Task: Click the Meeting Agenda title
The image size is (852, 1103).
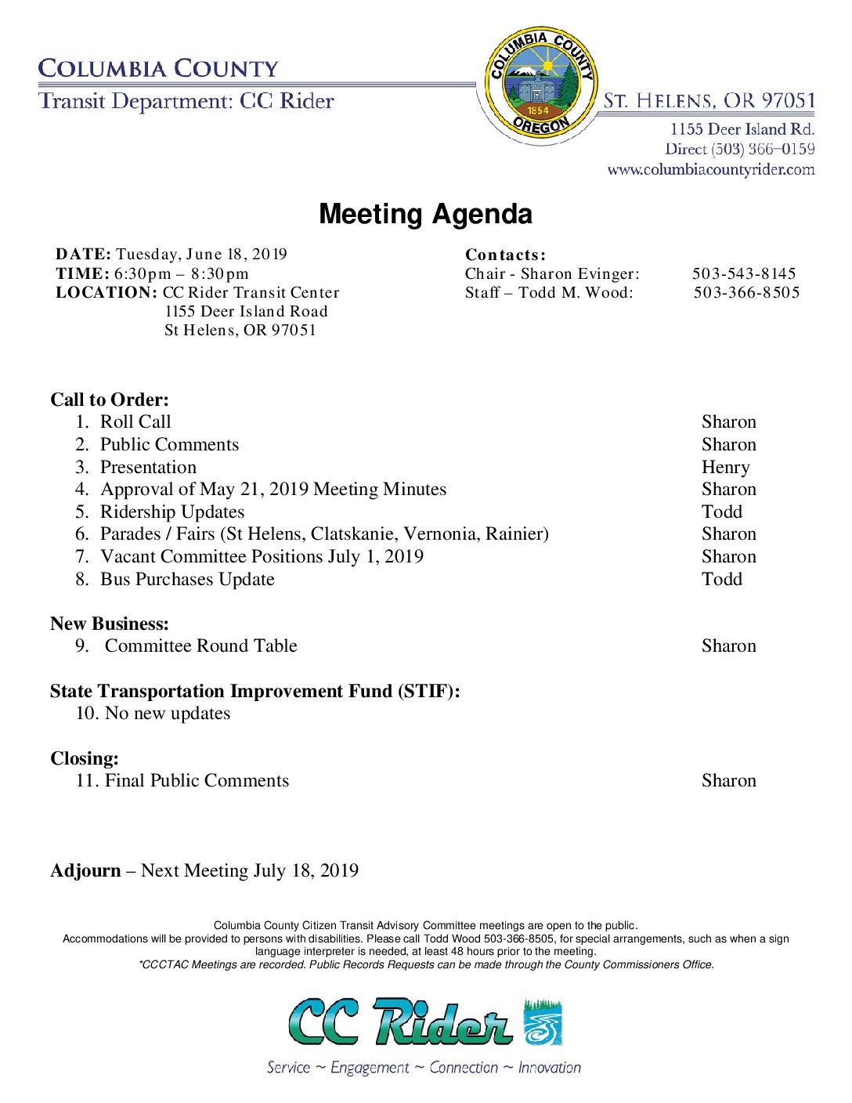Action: click(425, 214)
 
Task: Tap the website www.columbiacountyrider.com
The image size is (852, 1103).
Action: click(710, 169)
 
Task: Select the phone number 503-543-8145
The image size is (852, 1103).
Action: click(743, 273)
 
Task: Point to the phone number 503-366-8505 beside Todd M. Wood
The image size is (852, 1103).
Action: click(746, 292)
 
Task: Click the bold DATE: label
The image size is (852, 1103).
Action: click(83, 254)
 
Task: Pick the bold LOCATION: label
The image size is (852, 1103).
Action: click(106, 292)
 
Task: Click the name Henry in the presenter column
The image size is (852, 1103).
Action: click(725, 467)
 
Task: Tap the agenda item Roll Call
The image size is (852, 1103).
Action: click(135, 421)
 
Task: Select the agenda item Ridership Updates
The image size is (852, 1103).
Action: click(172, 512)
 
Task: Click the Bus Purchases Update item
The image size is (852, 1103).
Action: click(187, 579)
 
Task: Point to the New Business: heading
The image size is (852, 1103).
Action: click(110, 624)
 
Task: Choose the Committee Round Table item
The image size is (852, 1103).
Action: click(200, 646)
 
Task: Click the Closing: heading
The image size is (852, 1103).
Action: click(85, 758)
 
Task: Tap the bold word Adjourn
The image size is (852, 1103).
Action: click(85, 870)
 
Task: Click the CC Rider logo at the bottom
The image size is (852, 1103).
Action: click(425, 1022)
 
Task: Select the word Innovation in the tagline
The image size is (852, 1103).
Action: click(549, 1067)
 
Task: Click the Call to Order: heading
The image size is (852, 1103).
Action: click(110, 400)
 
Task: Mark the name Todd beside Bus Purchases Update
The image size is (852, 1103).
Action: click(721, 579)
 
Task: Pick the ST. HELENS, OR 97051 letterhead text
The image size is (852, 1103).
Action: click(709, 101)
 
